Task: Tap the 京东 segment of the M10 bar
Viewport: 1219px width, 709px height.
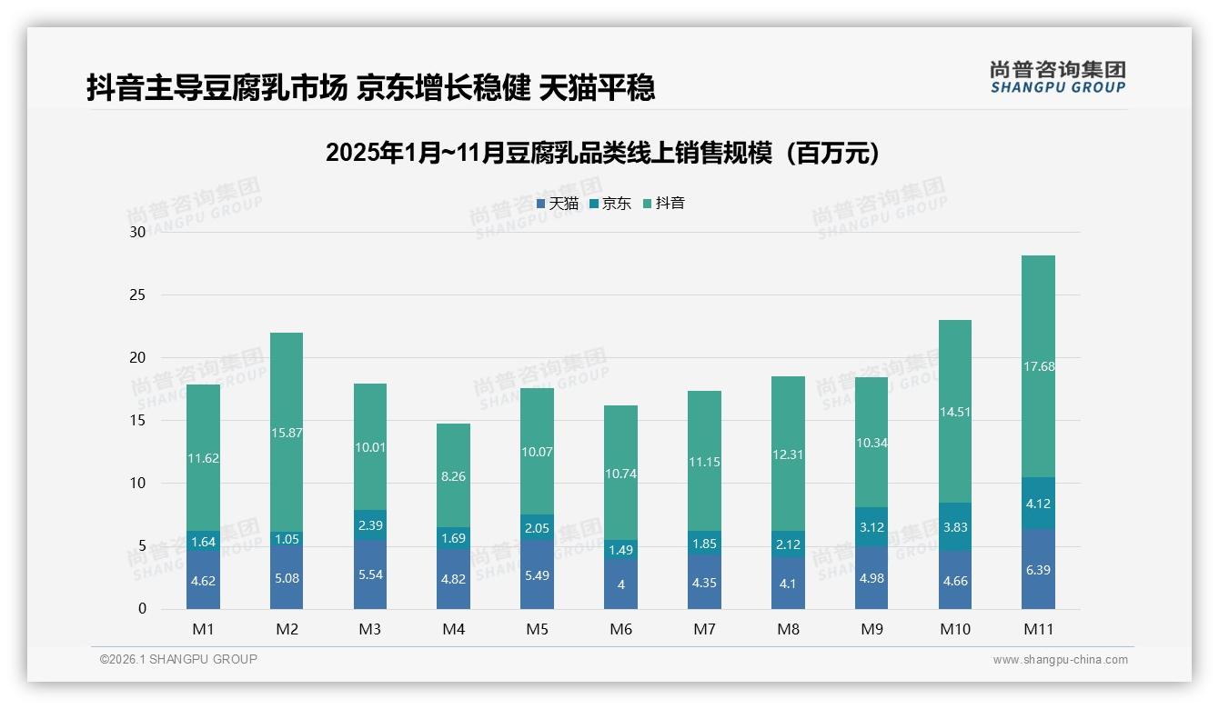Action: [954, 526]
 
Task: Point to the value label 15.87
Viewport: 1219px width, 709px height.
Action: [287, 433]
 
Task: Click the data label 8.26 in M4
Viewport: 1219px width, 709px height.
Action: [453, 475]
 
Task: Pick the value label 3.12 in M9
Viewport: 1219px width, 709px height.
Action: [871, 527]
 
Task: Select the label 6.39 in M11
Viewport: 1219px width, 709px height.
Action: [1038, 570]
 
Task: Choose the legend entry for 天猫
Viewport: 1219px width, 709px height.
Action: [557, 204]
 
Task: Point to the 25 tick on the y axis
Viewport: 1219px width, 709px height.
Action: [137, 295]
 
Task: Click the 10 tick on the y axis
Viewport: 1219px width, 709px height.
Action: [137, 483]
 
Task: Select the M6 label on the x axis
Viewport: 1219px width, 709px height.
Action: [620, 629]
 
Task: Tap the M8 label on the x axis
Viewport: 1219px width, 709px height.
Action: [788, 629]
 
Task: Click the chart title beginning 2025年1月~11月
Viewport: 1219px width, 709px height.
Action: [602, 153]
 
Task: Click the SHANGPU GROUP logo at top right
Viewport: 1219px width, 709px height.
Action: [1057, 77]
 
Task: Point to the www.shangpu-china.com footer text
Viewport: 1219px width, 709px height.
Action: [1060, 660]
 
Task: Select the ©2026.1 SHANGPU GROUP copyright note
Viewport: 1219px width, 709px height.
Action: [178, 659]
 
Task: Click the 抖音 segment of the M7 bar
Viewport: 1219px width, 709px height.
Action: [704, 461]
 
